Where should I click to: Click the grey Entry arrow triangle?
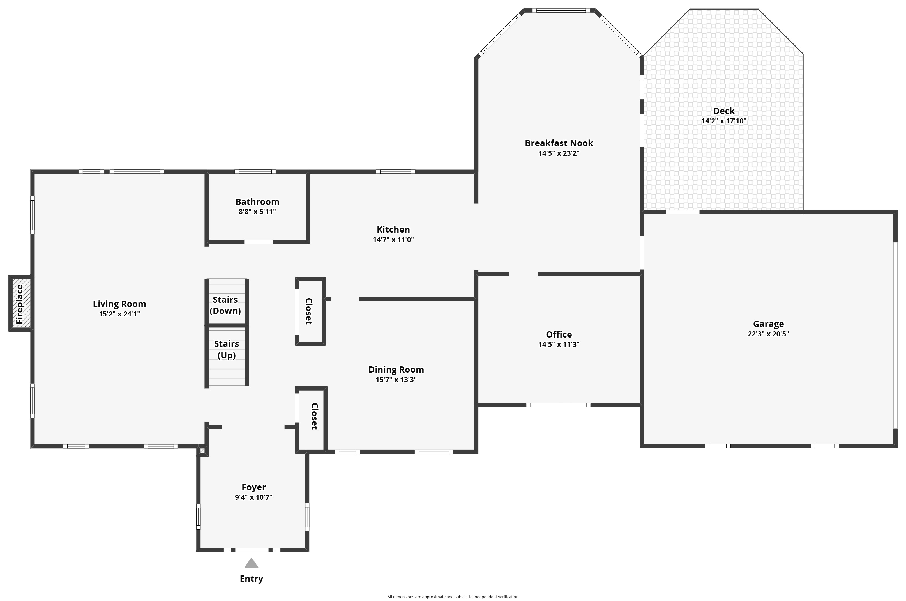pos(251,563)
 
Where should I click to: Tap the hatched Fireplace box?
pos(20,303)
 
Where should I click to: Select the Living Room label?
pos(119,304)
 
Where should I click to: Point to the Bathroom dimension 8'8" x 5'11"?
pos(257,212)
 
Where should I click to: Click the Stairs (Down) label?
pos(225,305)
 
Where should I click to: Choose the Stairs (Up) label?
pos(226,349)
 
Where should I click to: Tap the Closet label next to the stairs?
pos(309,311)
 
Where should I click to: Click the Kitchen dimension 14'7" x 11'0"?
pos(393,240)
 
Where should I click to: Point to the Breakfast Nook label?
pos(559,143)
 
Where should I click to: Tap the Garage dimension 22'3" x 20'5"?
pos(768,334)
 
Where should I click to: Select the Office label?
pos(559,334)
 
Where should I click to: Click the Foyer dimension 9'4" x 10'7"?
pos(253,497)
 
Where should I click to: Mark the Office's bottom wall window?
pos(558,405)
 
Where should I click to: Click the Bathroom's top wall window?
pos(255,172)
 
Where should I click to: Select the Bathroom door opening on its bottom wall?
pos(259,242)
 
